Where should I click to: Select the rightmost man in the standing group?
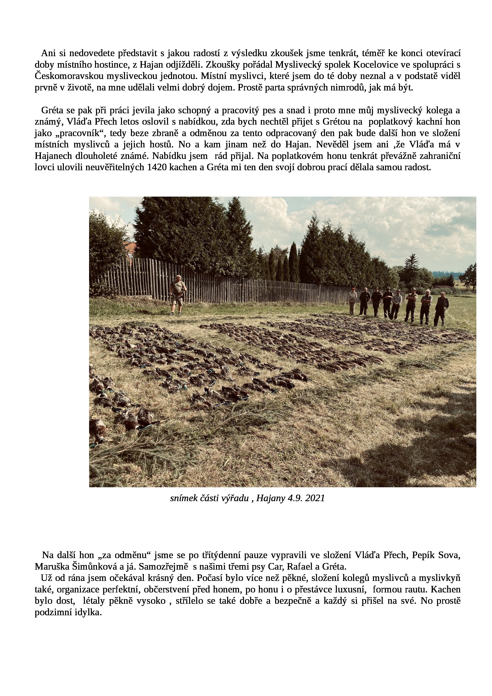pos(441,309)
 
